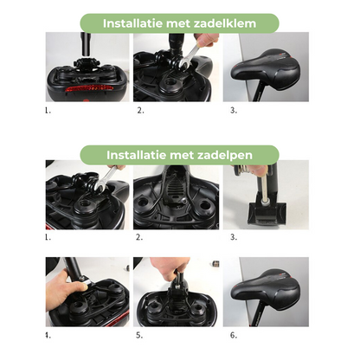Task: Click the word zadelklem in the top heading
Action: coord(226,23)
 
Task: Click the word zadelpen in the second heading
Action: coord(223,156)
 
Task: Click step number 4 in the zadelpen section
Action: coord(48,334)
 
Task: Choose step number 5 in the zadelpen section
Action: coord(138,334)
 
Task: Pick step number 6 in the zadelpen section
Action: coord(233,334)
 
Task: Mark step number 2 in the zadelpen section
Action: coord(138,236)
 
